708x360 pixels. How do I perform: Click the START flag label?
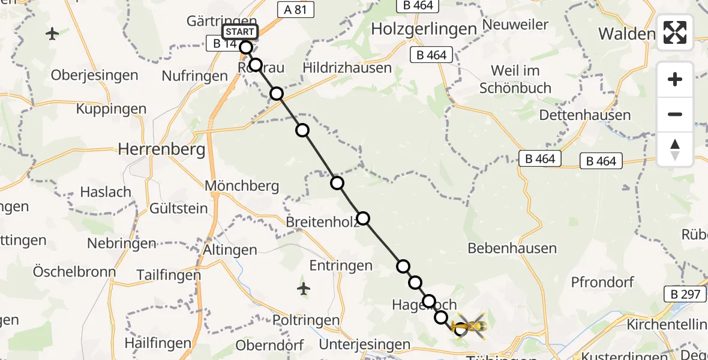pos(241,32)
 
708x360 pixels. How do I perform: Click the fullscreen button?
pos(675,32)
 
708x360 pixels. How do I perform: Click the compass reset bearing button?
pos(675,149)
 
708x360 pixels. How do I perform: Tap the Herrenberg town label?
pos(162,149)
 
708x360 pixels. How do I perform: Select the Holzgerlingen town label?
pos(424,28)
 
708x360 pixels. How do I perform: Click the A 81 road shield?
pos(295,10)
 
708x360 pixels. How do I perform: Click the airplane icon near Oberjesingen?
pos(53,34)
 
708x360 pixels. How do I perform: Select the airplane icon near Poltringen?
pos(304,289)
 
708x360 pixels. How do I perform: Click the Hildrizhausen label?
pos(347,68)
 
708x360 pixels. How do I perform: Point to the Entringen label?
pos(341,265)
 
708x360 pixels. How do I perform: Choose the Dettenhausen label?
pos(585,115)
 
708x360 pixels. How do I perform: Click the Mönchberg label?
pos(242,186)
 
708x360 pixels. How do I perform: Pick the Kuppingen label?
pos(111,109)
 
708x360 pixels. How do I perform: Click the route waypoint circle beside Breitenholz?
pos(363,219)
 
